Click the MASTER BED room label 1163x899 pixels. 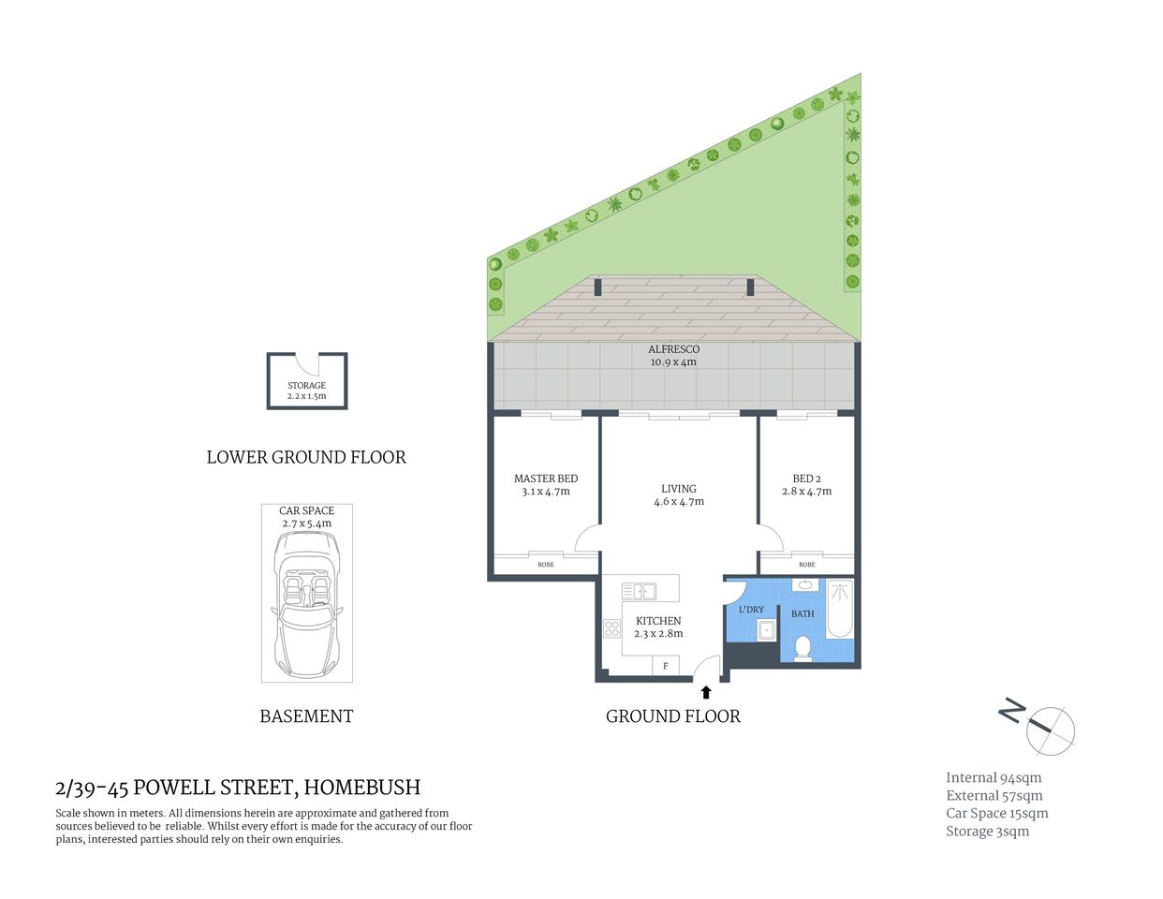point(545,479)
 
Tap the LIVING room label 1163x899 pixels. point(678,489)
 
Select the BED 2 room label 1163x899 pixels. point(806,479)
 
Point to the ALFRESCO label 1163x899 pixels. point(673,349)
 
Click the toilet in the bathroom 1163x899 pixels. point(802,648)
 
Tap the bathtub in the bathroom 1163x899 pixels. point(839,608)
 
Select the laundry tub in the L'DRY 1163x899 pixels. point(767,630)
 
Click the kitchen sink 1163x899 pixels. point(640,591)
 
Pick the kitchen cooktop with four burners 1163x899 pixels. point(612,628)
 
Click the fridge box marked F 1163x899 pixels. point(666,666)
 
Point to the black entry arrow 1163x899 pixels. point(706,692)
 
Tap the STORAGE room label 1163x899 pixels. point(306,385)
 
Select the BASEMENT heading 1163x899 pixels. point(306,716)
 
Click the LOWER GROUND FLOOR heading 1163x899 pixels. point(306,457)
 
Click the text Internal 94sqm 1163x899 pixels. point(993,777)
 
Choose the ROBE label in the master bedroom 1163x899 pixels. point(545,565)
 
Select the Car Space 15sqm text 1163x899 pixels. point(996,813)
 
